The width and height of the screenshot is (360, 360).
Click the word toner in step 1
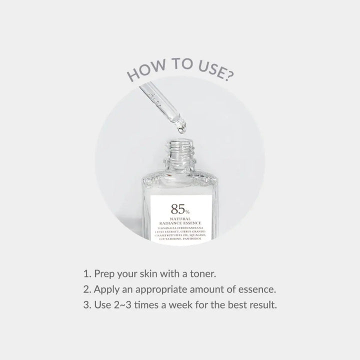point(201,274)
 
